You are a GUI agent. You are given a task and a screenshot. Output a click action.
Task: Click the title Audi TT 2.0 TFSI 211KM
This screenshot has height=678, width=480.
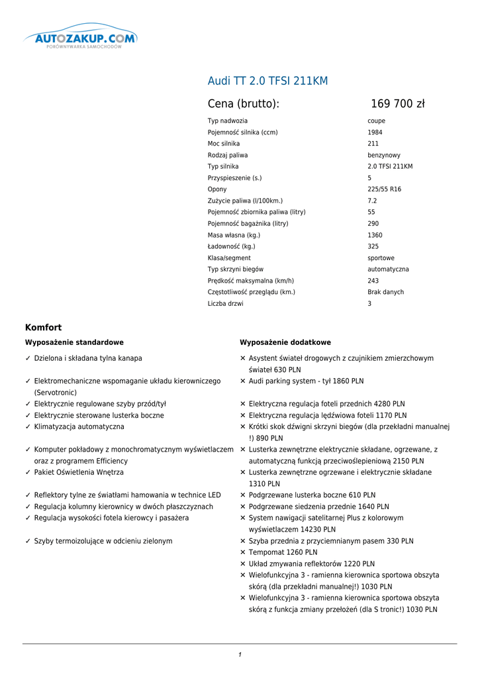[267, 81]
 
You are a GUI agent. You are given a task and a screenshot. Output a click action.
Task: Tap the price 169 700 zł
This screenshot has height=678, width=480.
[397, 104]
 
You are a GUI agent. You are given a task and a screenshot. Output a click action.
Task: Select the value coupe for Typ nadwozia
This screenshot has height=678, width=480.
[376, 121]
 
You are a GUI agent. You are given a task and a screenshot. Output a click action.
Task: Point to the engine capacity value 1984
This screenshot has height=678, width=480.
[375, 132]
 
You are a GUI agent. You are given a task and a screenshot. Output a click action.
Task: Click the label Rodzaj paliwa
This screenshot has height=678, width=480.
[228, 155]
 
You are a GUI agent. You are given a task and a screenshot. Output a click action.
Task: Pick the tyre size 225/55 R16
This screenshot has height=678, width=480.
[384, 189]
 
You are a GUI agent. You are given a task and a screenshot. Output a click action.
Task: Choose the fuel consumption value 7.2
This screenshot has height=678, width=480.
[372, 201]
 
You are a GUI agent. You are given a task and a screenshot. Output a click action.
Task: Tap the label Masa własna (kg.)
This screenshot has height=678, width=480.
[234, 235]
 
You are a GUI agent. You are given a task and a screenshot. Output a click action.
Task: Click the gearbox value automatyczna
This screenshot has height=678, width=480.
[388, 269]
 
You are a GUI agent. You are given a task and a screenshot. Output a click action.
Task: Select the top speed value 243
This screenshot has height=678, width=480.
[373, 281]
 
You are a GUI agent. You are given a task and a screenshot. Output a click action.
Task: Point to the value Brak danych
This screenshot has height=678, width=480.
[385, 292]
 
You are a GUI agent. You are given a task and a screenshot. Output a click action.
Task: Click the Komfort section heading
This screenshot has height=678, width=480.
[43, 327]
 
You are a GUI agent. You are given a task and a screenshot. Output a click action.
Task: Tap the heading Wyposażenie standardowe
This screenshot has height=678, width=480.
[74, 342]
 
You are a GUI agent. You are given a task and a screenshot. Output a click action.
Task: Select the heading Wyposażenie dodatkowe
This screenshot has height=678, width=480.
[285, 342]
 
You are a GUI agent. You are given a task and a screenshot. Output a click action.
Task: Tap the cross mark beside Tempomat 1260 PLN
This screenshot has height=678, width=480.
[243, 552]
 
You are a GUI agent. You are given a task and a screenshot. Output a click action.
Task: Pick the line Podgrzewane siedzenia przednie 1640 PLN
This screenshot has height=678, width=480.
[318, 507]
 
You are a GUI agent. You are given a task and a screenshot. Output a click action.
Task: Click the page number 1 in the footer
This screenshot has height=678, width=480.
[240, 655]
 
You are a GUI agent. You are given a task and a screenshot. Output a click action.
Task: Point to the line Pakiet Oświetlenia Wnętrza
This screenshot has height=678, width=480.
[79, 473]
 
